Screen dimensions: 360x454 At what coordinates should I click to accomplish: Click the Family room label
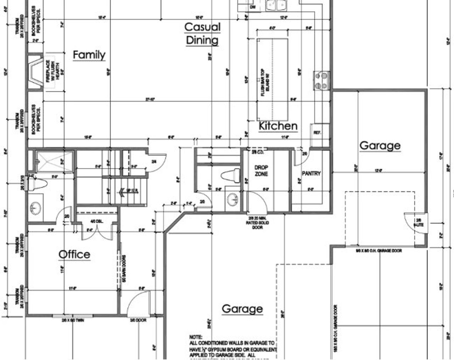point(89,55)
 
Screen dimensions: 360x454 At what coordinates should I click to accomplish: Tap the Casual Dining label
point(202,33)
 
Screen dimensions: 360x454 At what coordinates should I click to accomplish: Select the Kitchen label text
point(278,126)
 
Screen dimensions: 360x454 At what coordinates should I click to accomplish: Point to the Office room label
point(74,254)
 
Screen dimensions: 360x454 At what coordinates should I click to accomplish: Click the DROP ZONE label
point(261,170)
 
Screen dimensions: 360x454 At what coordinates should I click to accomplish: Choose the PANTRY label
point(311,173)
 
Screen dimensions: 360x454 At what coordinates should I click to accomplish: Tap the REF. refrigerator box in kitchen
point(317,132)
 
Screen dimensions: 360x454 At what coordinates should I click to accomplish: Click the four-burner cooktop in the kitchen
point(322,80)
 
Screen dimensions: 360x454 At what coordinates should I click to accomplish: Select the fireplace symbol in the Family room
point(35,73)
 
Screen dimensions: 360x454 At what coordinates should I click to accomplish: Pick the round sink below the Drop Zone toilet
point(232,198)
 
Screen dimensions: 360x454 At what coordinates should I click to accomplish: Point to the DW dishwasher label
point(253,7)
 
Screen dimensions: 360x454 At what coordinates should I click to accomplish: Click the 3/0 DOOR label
point(139,320)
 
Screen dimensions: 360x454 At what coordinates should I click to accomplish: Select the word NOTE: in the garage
point(196,337)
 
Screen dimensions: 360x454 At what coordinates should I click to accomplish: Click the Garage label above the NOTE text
point(242,309)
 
